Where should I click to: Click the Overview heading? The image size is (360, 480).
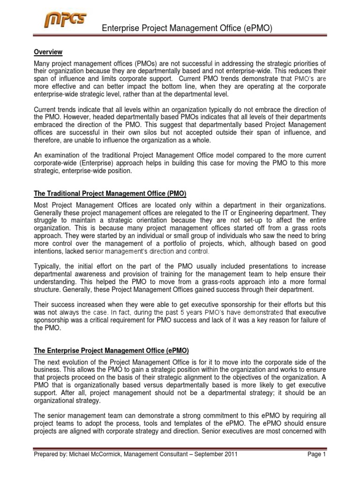click(x=48, y=52)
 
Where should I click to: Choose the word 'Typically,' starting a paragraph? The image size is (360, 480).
click(x=48, y=267)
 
